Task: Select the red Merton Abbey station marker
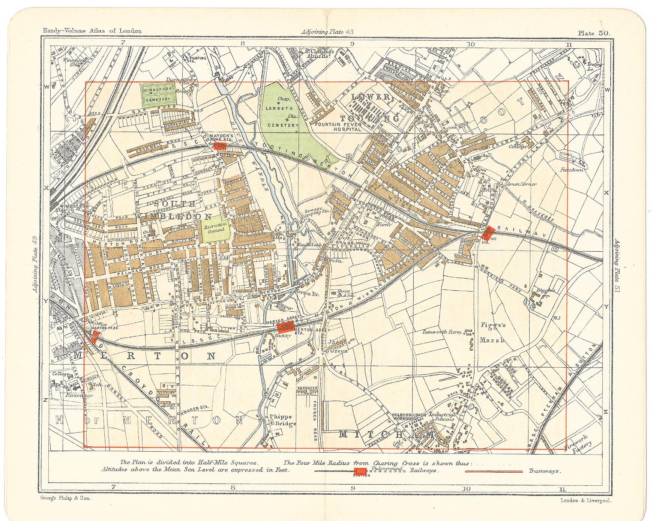(285, 329)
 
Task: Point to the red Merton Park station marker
(94, 336)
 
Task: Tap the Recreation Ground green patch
(216, 230)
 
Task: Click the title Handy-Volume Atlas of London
(92, 31)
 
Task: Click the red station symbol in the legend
(361, 471)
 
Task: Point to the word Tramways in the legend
(545, 471)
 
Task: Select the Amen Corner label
(521, 184)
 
